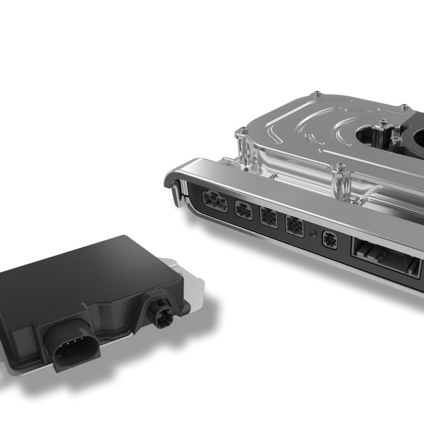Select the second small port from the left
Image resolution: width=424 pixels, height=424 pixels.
243,210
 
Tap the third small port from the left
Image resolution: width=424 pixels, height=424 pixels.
268,218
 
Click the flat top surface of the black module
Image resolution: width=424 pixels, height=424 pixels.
83,271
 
